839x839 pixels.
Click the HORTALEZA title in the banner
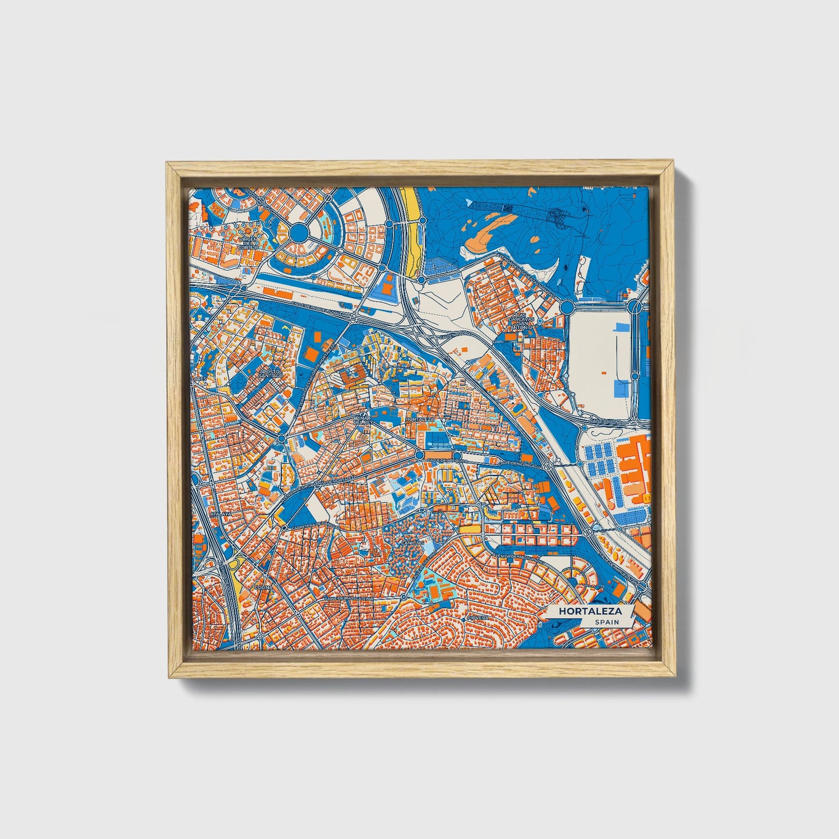pyautogui.click(x=590, y=611)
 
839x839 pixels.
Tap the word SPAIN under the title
pyautogui.click(x=606, y=622)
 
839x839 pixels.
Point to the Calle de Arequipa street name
pyautogui.click(x=444, y=459)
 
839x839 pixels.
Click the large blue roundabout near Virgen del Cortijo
pyautogui.click(x=298, y=233)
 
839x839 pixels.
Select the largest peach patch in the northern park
pyautogui.click(x=494, y=228)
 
